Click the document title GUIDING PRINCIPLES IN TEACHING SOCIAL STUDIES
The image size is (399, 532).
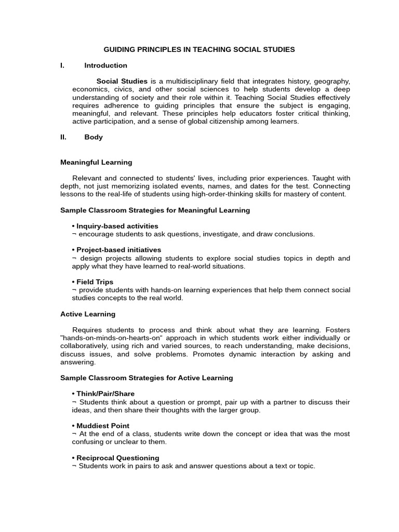point(199,49)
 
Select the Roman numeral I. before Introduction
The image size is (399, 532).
point(62,65)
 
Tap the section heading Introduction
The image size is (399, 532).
point(105,65)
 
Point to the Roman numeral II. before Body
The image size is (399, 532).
point(63,137)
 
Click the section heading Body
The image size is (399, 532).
point(94,137)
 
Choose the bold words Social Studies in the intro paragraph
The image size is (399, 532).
point(122,82)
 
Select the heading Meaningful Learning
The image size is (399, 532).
point(96,162)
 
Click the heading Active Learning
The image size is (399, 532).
point(88,314)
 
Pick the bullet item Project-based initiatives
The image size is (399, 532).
point(118,250)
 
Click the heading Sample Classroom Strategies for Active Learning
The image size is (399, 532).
point(147,378)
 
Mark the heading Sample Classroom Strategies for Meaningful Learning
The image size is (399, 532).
point(155,210)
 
